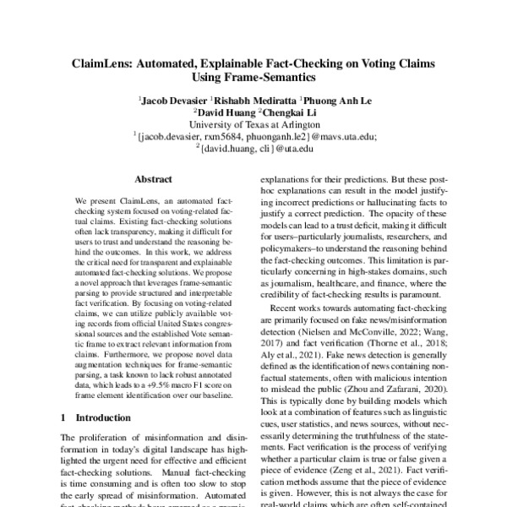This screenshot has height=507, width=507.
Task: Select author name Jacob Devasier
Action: coord(175,99)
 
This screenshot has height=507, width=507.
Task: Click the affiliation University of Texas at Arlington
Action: coord(253,123)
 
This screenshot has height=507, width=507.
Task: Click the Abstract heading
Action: coord(153,180)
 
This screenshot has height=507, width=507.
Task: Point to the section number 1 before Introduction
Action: coord(65,417)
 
